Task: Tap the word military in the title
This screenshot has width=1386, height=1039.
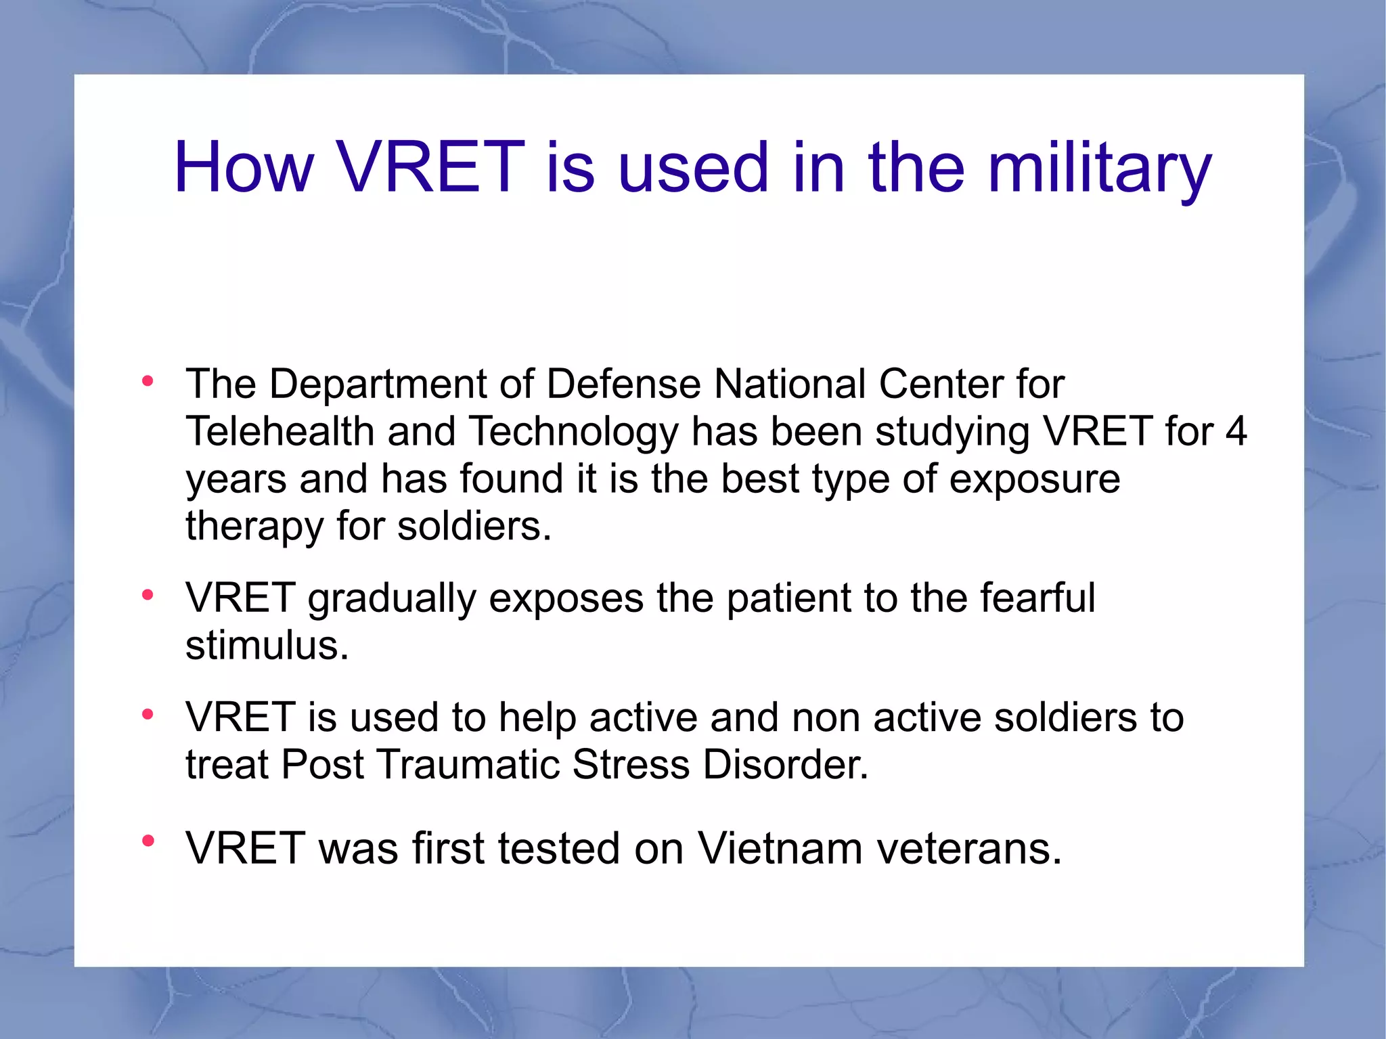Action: pyautogui.click(x=1100, y=167)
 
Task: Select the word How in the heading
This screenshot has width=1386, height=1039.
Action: pyautogui.click(x=244, y=167)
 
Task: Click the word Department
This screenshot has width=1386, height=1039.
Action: pyautogui.click(x=378, y=385)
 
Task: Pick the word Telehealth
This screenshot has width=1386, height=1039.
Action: pyautogui.click(x=280, y=432)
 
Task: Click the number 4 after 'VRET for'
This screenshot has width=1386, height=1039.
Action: pyautogui.click(x=1236, y=432)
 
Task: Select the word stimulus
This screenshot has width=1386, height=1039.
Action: pyautogui.click(x=267, y=646)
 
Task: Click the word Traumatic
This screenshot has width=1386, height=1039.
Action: pyautogui.click(x=466, y=766)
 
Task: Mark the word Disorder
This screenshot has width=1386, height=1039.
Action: pyautogui.click(x=785, y=766)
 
